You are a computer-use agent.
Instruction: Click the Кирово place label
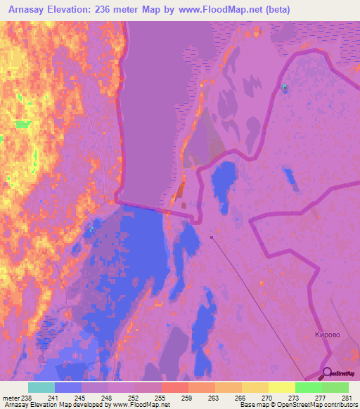[327, 335]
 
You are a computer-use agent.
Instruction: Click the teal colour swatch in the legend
[41, 387]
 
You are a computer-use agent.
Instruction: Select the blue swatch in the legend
[68, 387]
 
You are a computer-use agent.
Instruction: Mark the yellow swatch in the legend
[282, 387]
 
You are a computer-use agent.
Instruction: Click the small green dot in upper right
[285, 87]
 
